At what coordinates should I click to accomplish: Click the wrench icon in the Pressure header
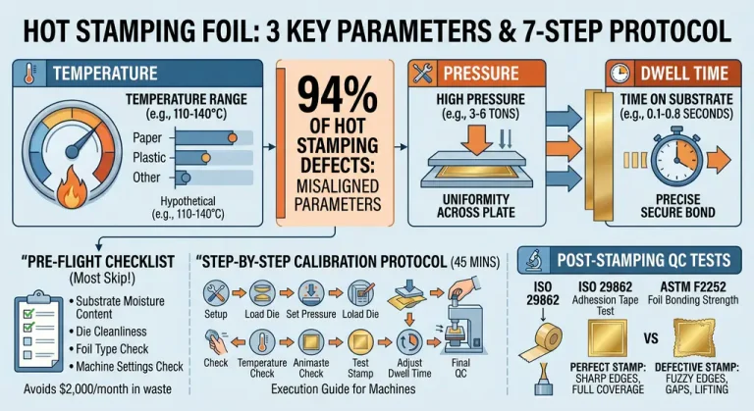click(x=426, y=73)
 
